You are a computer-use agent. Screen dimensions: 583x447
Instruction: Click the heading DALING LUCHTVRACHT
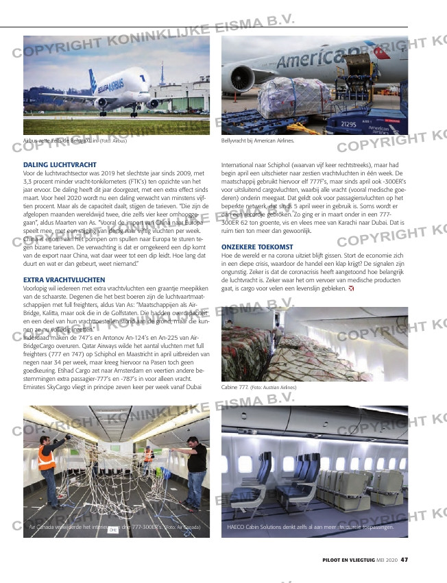click(x=60, y=165)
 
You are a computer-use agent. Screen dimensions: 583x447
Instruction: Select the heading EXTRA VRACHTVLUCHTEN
click(x=64, y=280)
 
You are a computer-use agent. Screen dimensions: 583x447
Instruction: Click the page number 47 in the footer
click(x=404, y=560)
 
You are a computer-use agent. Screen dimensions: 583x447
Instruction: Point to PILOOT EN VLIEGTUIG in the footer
click(x=348, y=560)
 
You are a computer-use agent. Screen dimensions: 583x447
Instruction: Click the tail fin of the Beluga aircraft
click(x=92, y=80)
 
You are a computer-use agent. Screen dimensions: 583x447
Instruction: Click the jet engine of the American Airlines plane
click(x=243, y=76)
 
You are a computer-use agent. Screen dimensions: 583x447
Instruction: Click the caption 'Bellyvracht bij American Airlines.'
click(x=258, y=140)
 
